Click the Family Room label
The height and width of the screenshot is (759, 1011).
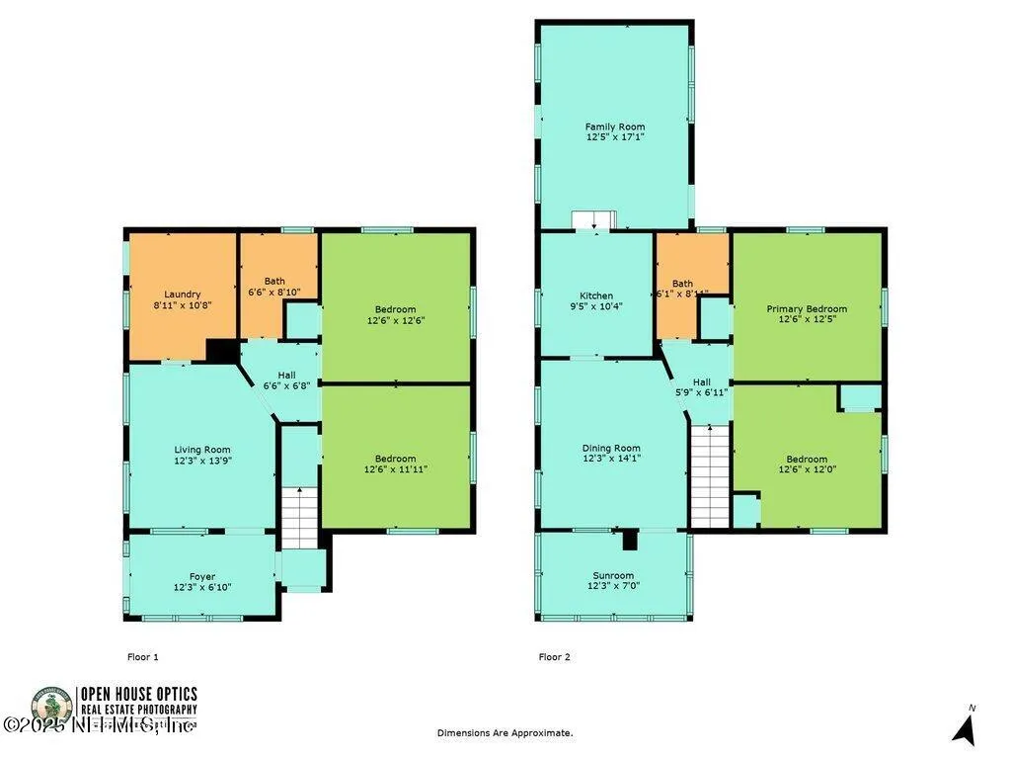click(614, 126)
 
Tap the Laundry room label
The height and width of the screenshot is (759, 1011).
click(183, 294)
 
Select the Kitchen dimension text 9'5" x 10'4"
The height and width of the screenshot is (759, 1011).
click(596, 306)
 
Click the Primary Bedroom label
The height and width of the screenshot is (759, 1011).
click(807, 308)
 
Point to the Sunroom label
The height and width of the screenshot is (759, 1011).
click(613, 575)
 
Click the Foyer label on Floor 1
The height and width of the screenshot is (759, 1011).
click(202, 576)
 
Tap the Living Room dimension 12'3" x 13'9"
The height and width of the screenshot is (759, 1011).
click(202, 461)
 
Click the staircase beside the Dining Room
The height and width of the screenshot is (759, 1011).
click(708, 475)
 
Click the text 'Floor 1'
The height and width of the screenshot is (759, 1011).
click(143, 656)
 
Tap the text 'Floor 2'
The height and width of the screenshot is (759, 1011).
click(554, 656)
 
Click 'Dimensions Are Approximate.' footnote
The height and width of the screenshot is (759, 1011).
click(505, 732)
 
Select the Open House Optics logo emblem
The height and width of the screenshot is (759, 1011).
click(50, 708)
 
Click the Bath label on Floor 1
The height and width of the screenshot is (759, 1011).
click(273, 282)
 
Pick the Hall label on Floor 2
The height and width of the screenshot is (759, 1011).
click(701, 381)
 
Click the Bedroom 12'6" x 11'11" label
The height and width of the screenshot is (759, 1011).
click(395, 458)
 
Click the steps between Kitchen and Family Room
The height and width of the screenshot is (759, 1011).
click(594, 219)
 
